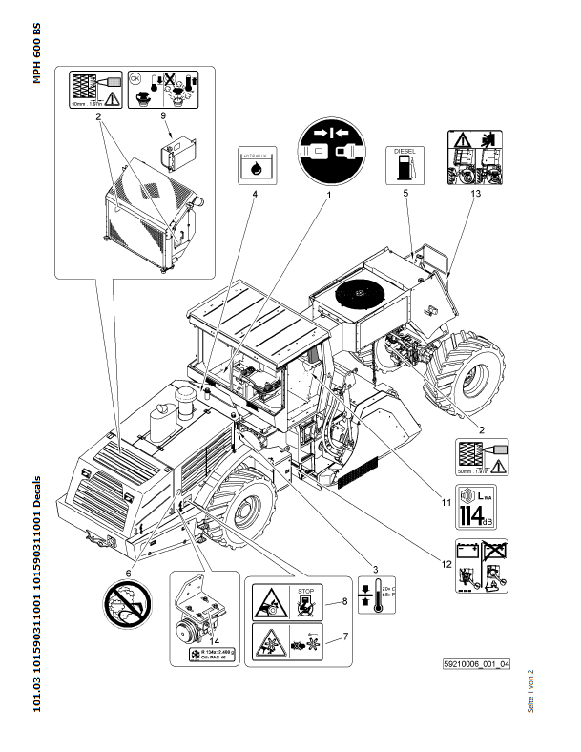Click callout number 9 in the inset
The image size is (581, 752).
[163, 116]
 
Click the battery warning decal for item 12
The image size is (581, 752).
[481, 566]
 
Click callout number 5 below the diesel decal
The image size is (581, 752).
[405, 194]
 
